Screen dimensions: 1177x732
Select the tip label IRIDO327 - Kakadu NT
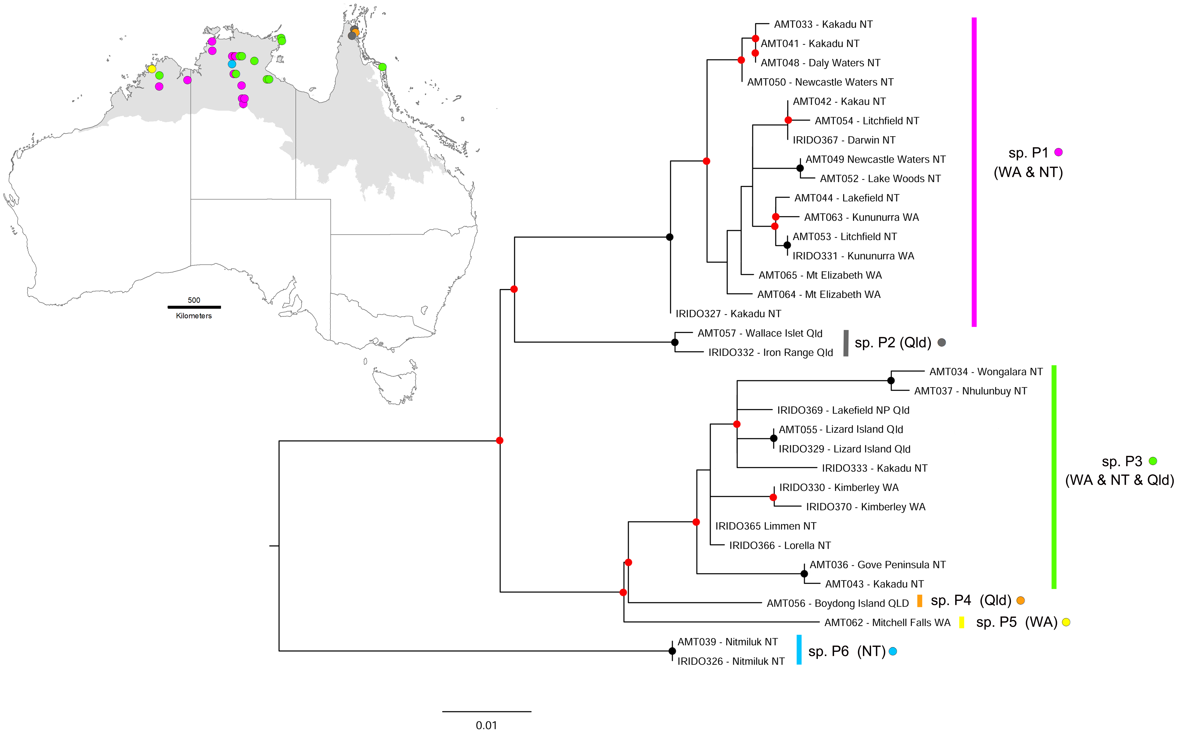(x=728, y=314)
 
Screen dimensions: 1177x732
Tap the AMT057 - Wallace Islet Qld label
(x=759, y=333)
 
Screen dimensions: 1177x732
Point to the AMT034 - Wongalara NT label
(x=985, y=372)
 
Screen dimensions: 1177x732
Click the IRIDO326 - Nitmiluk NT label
(x=730, y=661)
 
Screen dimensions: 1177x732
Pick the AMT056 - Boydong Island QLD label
(x=837, y=603)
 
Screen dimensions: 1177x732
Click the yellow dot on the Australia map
(x=152, y=69)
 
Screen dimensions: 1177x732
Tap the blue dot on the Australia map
(x=232, y=64)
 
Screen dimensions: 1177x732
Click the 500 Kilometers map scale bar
(x=194, y=307)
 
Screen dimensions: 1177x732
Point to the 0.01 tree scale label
(x=486, y=725)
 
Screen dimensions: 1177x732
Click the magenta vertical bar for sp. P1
(x=974, y=172)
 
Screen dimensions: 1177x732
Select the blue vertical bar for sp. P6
(x=799, y=650)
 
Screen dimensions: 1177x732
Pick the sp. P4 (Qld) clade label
(x=970, y=600)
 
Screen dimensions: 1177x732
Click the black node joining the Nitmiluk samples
(x=672, y=651)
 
